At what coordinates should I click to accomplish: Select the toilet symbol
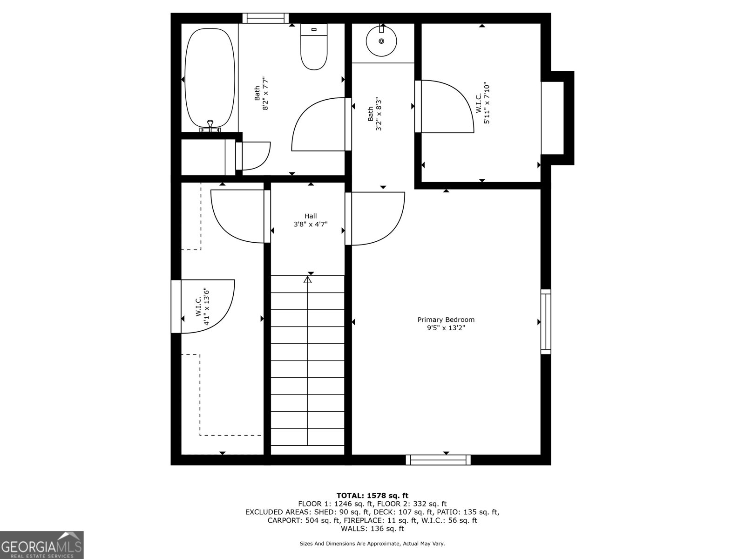[313, 47]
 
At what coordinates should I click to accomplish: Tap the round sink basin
[381, 41]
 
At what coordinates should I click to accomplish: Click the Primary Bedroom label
[446, 320]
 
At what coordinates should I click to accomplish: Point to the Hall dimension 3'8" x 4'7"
[311, 224]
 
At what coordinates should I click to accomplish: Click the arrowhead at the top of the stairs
[307, 280]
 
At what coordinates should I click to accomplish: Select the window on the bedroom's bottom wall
[438, 460]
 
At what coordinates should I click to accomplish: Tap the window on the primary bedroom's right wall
[545, 321]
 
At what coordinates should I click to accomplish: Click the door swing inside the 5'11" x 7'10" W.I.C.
[445, 106]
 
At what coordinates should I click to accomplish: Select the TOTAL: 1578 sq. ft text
[372, 496]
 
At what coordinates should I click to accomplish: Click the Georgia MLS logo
[42, 545]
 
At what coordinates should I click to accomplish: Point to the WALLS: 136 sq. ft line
[372, 529]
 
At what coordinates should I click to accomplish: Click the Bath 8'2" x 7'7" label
[261, 93]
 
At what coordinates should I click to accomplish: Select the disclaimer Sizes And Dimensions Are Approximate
[372, 544]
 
